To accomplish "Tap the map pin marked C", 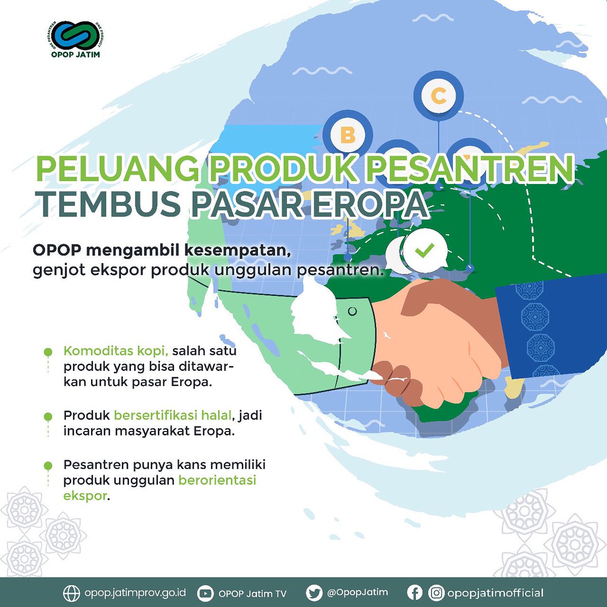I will (439, 96).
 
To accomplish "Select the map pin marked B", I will (348, 135).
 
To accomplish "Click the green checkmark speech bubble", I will (424, 249).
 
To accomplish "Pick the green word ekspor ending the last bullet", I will (85, 495).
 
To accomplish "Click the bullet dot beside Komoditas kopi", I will (48, 351).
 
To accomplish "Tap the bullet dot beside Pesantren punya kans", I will (48, 465).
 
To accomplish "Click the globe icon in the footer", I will (71, 593).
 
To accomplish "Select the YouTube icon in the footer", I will (205, 593).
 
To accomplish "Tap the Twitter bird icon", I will (314, 593).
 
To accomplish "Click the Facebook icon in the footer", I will (414, 593).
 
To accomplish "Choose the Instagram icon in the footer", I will (436, 593).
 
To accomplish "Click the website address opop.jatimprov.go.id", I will (135, 593).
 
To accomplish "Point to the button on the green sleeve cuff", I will (353, 311).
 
